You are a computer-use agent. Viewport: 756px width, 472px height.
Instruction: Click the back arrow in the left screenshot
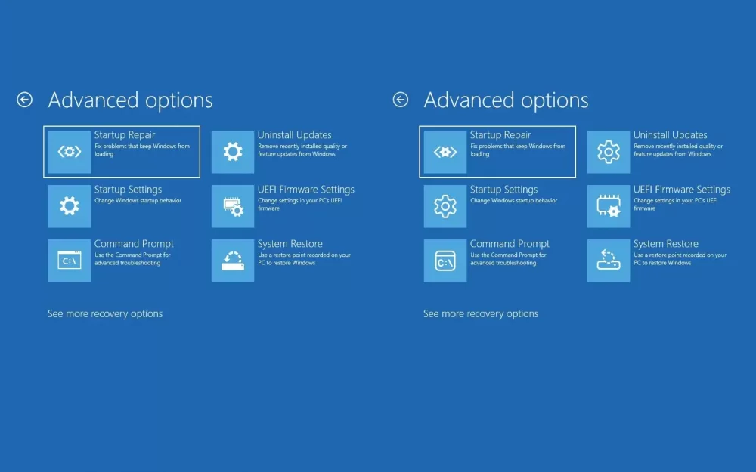pos(25,100)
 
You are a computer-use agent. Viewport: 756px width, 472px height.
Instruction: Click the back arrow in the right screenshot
pos(400,100)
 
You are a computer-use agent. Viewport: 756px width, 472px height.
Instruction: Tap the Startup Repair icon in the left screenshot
pos(70,152)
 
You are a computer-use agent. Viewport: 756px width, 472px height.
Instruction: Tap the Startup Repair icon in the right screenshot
pos(445,152)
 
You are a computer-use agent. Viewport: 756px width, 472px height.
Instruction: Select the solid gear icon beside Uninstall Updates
pos(233,152)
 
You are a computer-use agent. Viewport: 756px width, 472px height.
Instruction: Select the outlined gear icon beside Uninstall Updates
pos(609,152)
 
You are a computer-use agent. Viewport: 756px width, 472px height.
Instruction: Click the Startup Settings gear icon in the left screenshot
pos(70,206)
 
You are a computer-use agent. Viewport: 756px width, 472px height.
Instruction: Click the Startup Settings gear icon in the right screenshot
pos(445,206)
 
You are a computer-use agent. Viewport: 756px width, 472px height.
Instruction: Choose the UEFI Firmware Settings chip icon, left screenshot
pos(233,206)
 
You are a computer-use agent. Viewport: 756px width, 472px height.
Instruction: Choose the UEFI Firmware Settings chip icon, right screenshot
pos(609,206)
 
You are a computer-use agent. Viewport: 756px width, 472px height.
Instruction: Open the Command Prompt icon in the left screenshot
pos(70,261)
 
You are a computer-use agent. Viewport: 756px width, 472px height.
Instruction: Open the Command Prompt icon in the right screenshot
pos(445,261)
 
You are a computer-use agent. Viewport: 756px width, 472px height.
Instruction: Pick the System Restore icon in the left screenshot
pos(233,261)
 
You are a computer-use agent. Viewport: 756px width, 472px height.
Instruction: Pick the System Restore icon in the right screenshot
pos(609,261)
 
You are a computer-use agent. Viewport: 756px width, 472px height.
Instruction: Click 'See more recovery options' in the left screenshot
pos(105,313)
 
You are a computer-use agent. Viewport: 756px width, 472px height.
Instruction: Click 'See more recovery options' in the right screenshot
pos(481,313)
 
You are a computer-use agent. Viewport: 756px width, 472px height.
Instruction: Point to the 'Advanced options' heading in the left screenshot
pos(130,100)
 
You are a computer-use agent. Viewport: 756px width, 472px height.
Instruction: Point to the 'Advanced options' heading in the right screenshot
pos(506,100)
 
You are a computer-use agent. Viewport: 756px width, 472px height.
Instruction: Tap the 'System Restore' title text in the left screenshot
pos(290,244)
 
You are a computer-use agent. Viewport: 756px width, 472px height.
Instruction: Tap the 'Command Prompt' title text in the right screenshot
pos(510,244)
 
